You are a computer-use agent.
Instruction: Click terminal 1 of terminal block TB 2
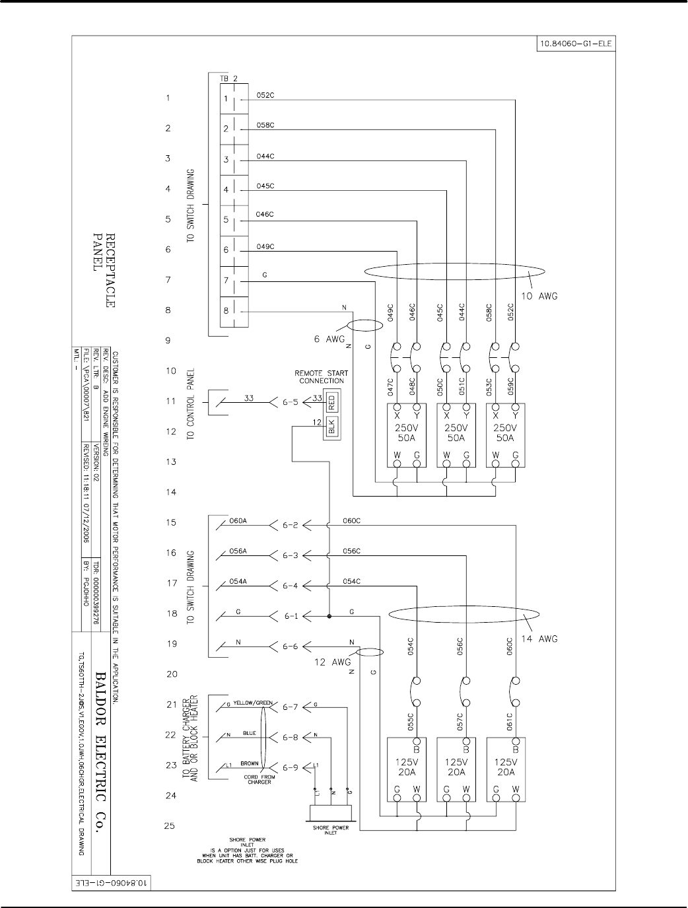click(x=226, y=99)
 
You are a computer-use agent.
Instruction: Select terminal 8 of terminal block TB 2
click(x=226, y=311)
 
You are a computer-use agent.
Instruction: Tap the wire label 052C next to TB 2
click(x=265, y=94)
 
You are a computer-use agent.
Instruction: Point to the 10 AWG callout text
click(x=539, y=297)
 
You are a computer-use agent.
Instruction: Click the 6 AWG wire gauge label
click(x=329, y=339)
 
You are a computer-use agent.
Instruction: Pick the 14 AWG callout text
click(x=539, y=639)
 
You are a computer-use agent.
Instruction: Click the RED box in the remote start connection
click(x=332, y=401)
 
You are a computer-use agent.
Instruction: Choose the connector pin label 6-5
click(x=291, y=401)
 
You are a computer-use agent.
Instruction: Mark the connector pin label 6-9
click(x=291, y=767)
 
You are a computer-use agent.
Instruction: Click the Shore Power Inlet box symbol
click(x=331, y=811)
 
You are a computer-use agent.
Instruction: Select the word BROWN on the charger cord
click(x=250, y=763)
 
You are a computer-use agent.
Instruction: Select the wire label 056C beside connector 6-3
click(x=351, y=551)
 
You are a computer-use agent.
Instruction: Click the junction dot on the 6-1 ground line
click(x=329, y=616)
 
